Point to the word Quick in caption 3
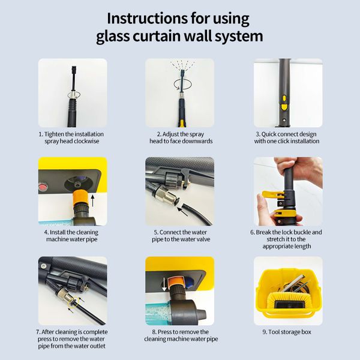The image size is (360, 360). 269,134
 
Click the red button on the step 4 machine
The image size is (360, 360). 42,185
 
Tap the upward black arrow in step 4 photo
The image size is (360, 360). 92,200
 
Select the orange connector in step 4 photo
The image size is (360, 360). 80,198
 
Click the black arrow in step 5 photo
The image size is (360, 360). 182,211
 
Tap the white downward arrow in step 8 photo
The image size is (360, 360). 164,284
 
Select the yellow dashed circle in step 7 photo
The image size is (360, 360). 74,302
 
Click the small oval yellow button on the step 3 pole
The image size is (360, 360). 284,98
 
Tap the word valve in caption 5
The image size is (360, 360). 203,239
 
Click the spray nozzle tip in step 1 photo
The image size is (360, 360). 73,68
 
